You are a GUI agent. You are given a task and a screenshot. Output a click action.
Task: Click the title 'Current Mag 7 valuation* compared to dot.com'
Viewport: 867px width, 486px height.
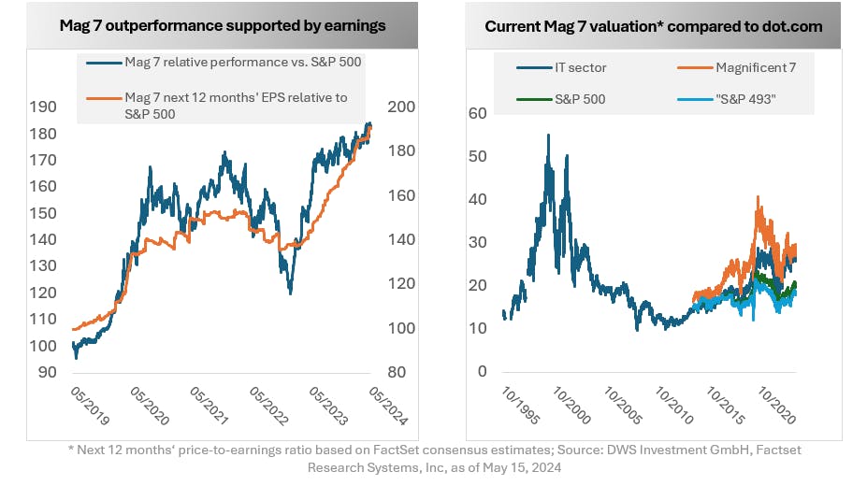[x=654, y=25]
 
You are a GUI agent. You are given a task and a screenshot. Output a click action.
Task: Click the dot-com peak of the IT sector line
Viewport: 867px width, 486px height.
[x=548, y=136]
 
